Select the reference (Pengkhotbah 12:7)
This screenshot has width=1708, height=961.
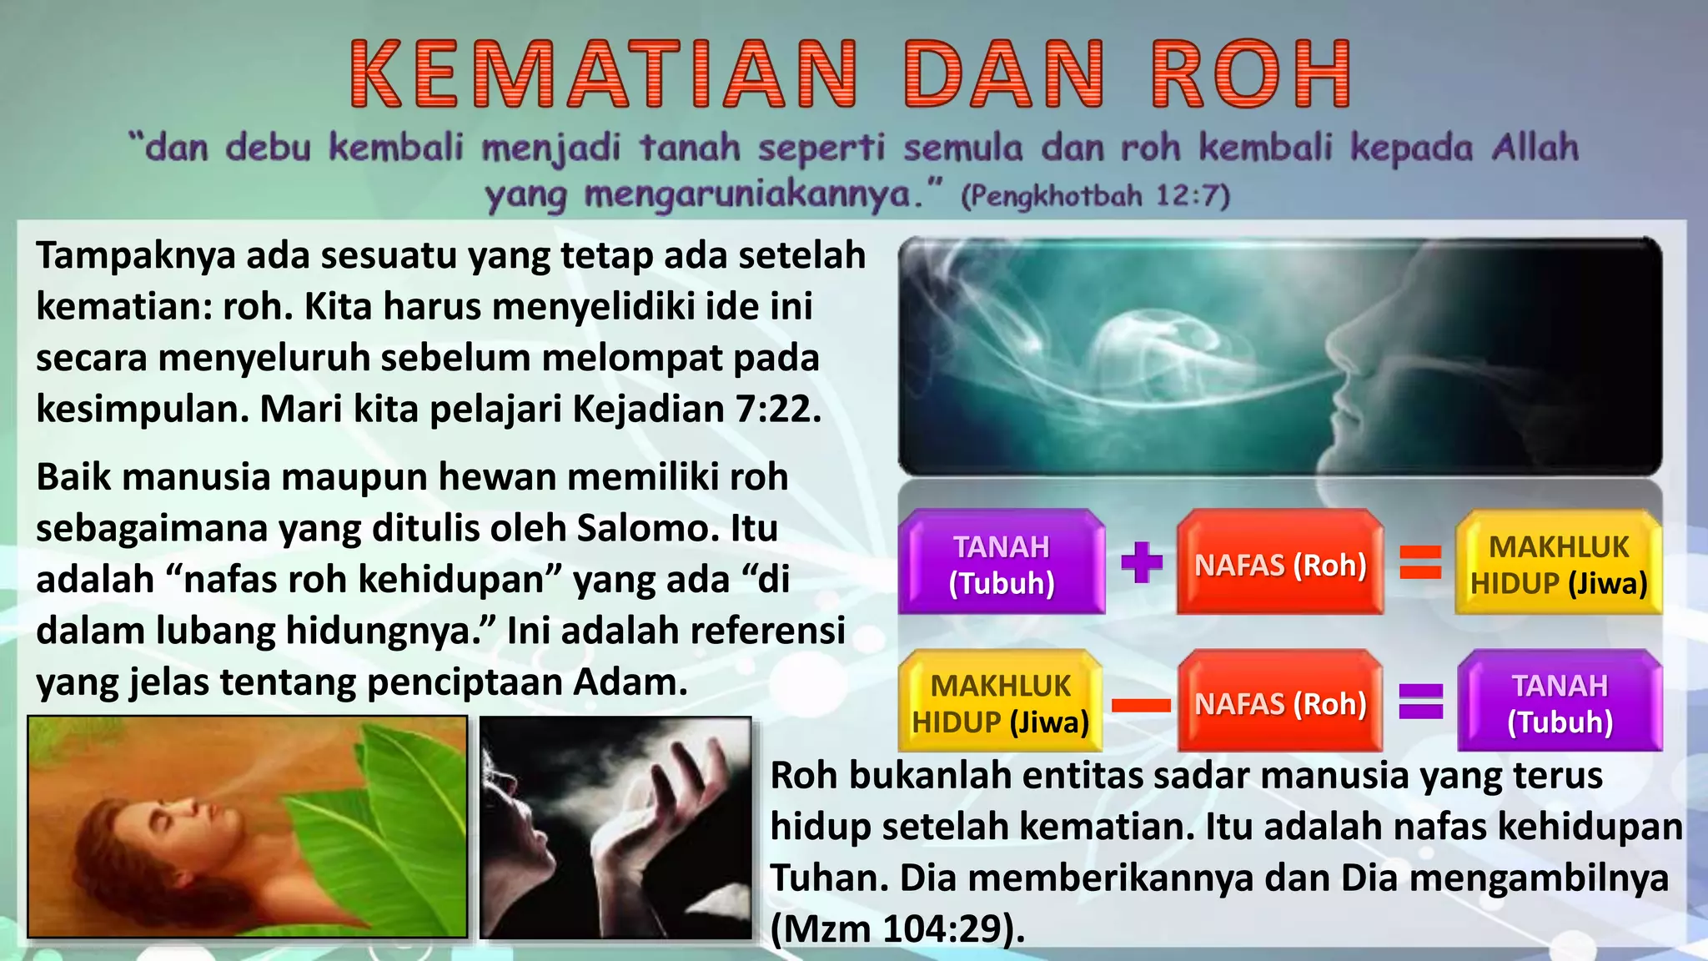click(1095, 196)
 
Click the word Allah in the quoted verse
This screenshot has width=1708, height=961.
click(1535, 148)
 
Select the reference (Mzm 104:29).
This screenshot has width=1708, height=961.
click(897, 928)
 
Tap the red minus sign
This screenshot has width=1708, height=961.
click(1141, 705)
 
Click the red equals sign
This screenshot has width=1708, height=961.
click(1420, 561)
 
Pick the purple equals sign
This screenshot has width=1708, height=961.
click(1420, 701)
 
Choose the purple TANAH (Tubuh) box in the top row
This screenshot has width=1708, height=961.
click(1002, 564)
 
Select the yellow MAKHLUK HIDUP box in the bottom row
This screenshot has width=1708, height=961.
click(1001, 702)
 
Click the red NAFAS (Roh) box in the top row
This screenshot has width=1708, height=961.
click(1280, 564)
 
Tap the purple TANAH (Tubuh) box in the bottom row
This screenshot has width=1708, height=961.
click(1560, 702)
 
